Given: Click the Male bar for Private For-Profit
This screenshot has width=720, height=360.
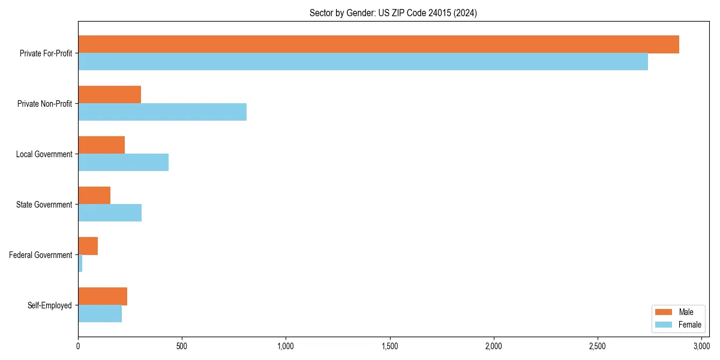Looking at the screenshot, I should [x=378, y=44].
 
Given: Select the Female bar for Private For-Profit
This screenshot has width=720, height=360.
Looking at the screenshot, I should [x=363, y=62].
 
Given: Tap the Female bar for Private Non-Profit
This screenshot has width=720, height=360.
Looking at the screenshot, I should [x=162, y=112].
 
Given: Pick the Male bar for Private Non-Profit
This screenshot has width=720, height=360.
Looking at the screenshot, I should [x=109, y=95].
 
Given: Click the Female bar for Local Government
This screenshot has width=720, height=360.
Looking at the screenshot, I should [x=123, y=163].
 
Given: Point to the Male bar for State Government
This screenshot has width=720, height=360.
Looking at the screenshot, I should [x=94, y=196].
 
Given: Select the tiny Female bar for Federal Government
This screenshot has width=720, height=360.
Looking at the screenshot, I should [x=80, y=263].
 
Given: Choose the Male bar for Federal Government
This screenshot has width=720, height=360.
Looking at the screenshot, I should [x=88, y=246].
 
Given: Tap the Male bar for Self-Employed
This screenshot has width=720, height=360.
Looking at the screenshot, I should [x=103, y=296].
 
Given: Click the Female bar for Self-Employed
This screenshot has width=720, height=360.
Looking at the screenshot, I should [x=100, y=314].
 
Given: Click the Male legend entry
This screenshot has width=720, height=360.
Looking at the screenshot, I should [x=678, y=312].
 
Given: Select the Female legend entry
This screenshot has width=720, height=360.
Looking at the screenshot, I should [x=681, y=325].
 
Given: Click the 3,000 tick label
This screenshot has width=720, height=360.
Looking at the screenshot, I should [x=701, y=346].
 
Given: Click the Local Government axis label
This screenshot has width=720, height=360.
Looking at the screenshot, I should [x=44, y=154].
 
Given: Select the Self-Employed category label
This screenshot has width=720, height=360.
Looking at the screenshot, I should [x=49, y=305].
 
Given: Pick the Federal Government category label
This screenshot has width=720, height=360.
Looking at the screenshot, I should [x=40, y=255].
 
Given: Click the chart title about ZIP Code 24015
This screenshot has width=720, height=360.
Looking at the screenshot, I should [x=393, y=13].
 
